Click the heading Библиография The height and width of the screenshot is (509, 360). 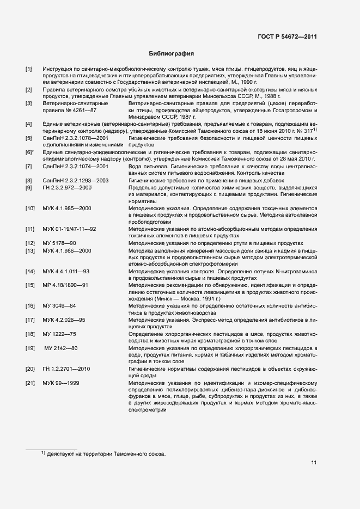pos(172,54)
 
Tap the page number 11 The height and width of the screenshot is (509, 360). pos(314,463)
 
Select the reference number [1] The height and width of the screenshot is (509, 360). pos(29,70)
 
